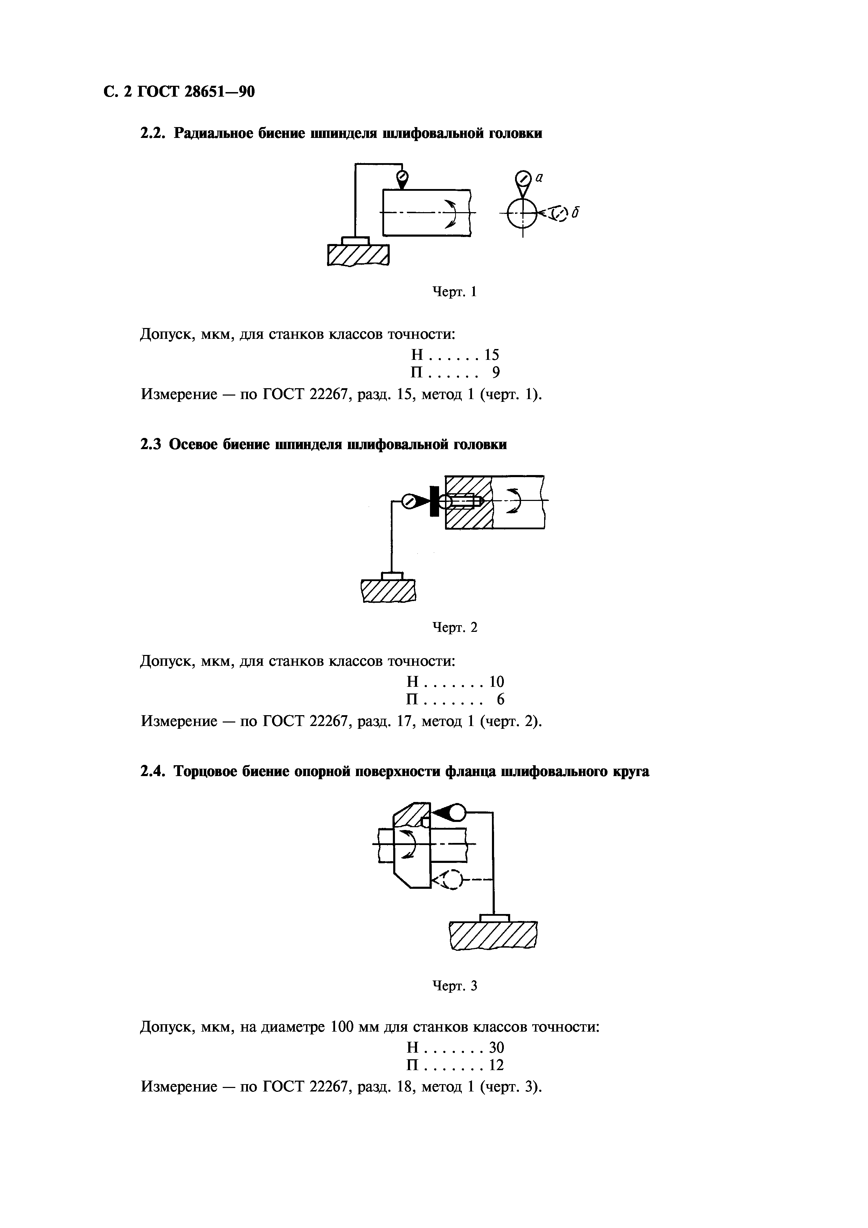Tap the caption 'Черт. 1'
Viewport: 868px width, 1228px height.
(x=454, y=292)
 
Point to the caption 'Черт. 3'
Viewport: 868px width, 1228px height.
(x=454, y=986)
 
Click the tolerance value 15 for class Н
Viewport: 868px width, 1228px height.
(x=492, y=355)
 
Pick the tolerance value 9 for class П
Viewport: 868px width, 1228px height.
(x=496, y=372)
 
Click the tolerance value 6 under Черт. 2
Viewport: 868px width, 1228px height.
(x=501, y=699)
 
